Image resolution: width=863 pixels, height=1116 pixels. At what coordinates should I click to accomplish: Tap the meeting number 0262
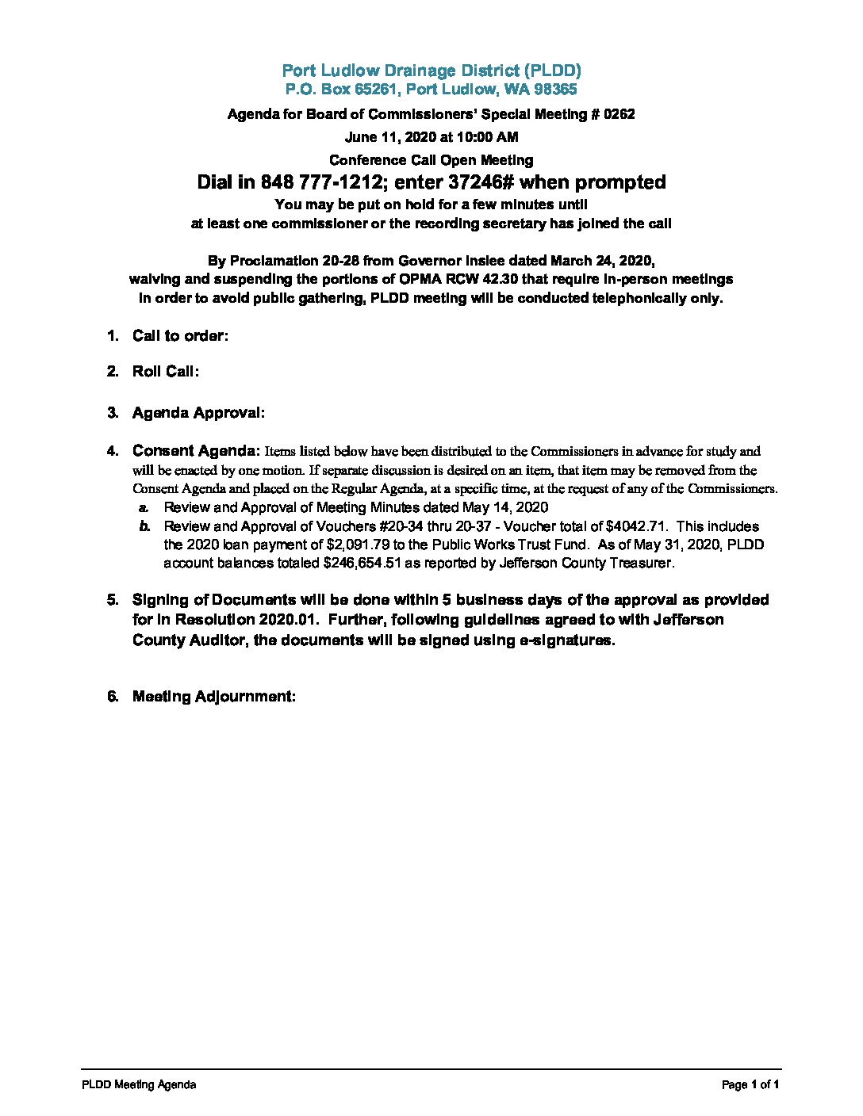coord(619,114)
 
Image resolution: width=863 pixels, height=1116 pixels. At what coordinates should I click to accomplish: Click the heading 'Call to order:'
coord(180,336)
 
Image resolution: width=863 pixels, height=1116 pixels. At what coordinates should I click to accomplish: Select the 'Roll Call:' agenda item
coord(166,372)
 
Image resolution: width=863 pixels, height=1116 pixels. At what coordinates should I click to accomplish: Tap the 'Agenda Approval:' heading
coord(198,413)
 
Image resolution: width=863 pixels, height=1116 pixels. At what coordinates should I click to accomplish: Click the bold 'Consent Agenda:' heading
coord(196,451)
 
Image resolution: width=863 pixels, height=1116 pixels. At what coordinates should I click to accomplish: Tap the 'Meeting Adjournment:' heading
coord(214,697)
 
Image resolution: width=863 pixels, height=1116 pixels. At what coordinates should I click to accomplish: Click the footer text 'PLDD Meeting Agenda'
coord(139,1084)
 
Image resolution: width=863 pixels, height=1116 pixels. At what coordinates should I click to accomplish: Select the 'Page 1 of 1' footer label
coord(750,1084)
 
